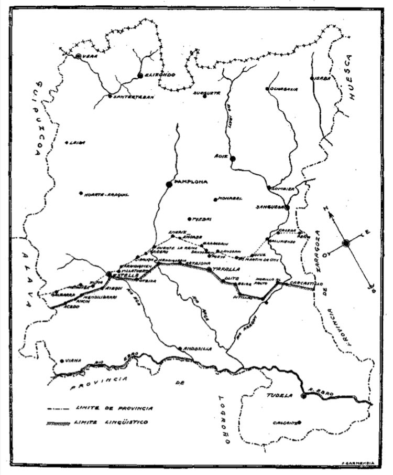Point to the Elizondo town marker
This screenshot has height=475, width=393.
pos(140,76)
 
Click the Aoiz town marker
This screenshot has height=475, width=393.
pos(233,158)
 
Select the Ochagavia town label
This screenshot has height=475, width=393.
pos(284,89)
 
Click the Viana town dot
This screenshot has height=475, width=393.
pos(62,361)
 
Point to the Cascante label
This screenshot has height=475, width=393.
pos(286,423)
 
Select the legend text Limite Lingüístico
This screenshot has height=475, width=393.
pos(111,421)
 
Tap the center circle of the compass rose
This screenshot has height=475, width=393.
pos(345,242)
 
